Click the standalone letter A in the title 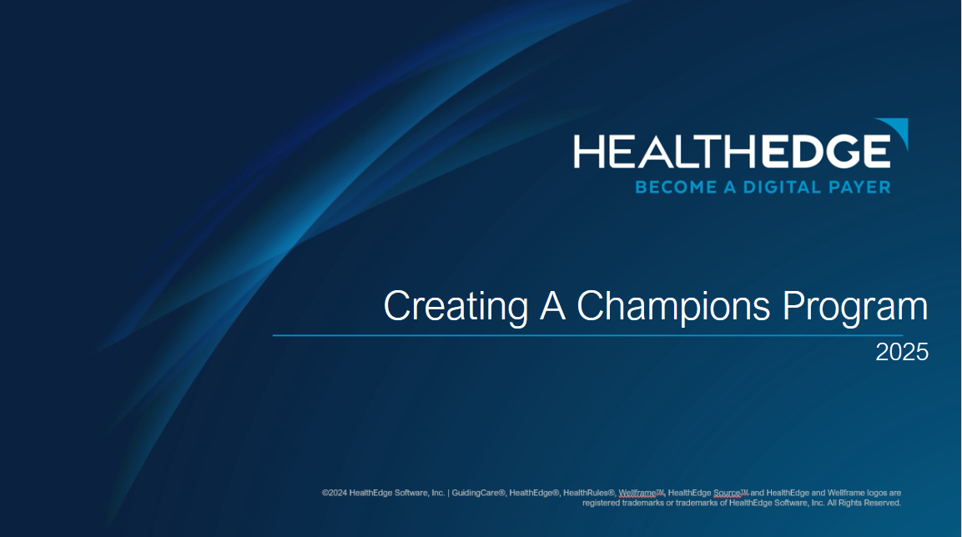coord(552,307)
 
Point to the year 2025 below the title coord(902,352)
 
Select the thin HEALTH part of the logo coord(664,153)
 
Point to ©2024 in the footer coord(335,493)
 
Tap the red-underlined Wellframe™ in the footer coord(641,493)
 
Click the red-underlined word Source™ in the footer coord(731,493)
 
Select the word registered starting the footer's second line coord(602,503)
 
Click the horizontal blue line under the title coord(584,335)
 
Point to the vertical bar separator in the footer coord(449,493)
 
